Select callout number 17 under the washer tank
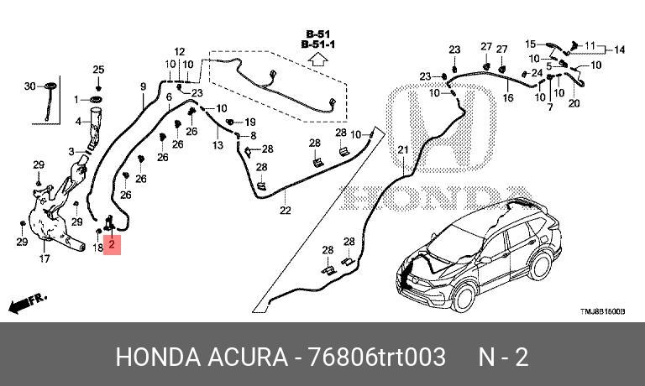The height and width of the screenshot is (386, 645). pyautogui.click(x=45, y=259)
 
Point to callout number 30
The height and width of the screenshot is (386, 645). pyautogui.click(x=29, y=86)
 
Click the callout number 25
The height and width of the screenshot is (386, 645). pyautogui.click(x=98, y=69)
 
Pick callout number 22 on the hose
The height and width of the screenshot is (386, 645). pyautogui.click(x=285, y=210)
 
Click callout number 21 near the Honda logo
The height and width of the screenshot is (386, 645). pyautogui.click(x=402, y=150)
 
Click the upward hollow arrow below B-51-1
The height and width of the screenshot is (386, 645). pyautogui.click(x=317, y=60)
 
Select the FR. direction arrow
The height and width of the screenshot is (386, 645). pyautogui.click(x=27, y=300)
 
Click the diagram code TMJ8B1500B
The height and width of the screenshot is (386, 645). pyautogui.click(x=602, y=311)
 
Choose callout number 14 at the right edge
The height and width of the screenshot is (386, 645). pyautogui.click(x=620, y=50)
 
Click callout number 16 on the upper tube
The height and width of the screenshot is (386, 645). pyautogui.click(x=507, y=98)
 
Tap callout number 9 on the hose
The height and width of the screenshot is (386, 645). pyautogui.click(x=143, y=86)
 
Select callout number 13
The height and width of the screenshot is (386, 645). pyautogui.click(x=218, y=145)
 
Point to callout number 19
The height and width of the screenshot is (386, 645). pyautogui.click(x=249, y=122)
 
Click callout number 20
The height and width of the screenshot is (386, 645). pyautogui.click(x=574, y=104)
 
